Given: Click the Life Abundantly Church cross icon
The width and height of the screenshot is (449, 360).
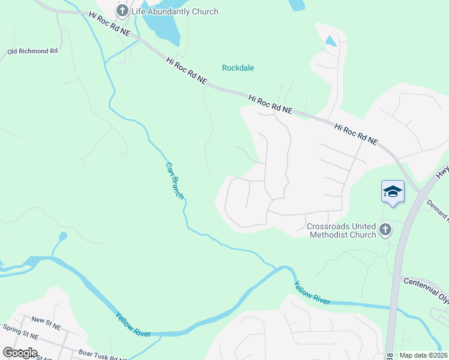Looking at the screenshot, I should point(122,11).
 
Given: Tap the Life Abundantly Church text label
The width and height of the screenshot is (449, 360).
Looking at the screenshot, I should point(175,11).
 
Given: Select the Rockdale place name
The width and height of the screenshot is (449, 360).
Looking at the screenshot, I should point(238,68).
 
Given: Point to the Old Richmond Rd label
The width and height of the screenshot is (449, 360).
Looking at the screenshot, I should point(32,52).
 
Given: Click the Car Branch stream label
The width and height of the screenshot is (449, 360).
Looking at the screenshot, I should point(173,180).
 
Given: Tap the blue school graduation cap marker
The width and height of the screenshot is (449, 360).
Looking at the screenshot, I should point(393,191).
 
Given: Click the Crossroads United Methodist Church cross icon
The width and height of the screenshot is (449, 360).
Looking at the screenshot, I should point(385,229).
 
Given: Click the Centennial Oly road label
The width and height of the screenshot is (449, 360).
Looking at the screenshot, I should point(426,284).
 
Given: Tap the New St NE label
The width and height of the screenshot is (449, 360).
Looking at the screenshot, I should point(46,326).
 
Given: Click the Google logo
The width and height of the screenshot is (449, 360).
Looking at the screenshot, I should point(20,352).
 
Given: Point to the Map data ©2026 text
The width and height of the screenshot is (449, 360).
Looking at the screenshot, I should point(423,355).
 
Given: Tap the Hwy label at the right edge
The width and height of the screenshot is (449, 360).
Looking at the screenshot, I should point(442,172).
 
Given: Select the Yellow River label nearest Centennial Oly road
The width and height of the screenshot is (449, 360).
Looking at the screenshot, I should point(312,292).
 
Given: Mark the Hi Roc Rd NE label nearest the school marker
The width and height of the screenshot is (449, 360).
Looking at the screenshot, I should point(356,134).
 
